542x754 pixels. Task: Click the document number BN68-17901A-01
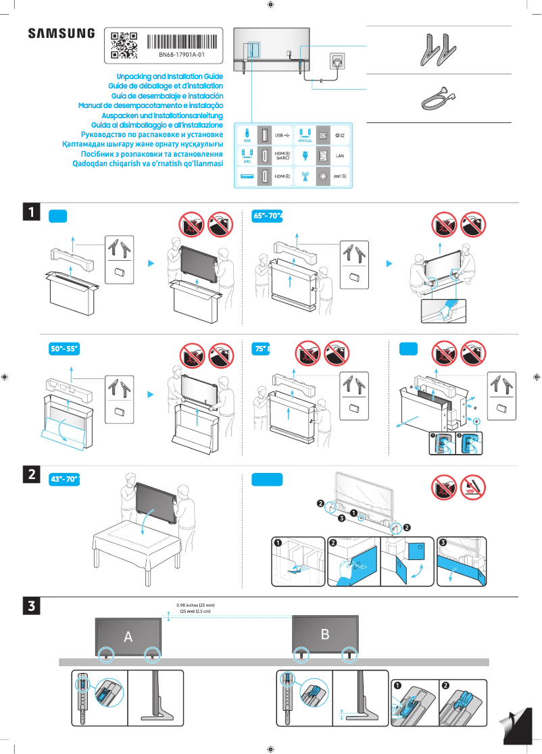pyautogui.click(x=182, y=54)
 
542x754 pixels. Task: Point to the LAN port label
pyautogui.click(x=341, y=155)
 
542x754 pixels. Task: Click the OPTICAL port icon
pyautogui.click(x=304, y=134)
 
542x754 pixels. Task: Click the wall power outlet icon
pyautogui.click(x=337, y=61)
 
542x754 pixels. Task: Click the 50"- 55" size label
pyautogui.click(x=65, y=349)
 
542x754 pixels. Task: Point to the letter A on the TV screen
pyautogui.click(x=128, y=636)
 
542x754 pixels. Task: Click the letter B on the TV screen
pyautogui.click(x=325, y=634)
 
